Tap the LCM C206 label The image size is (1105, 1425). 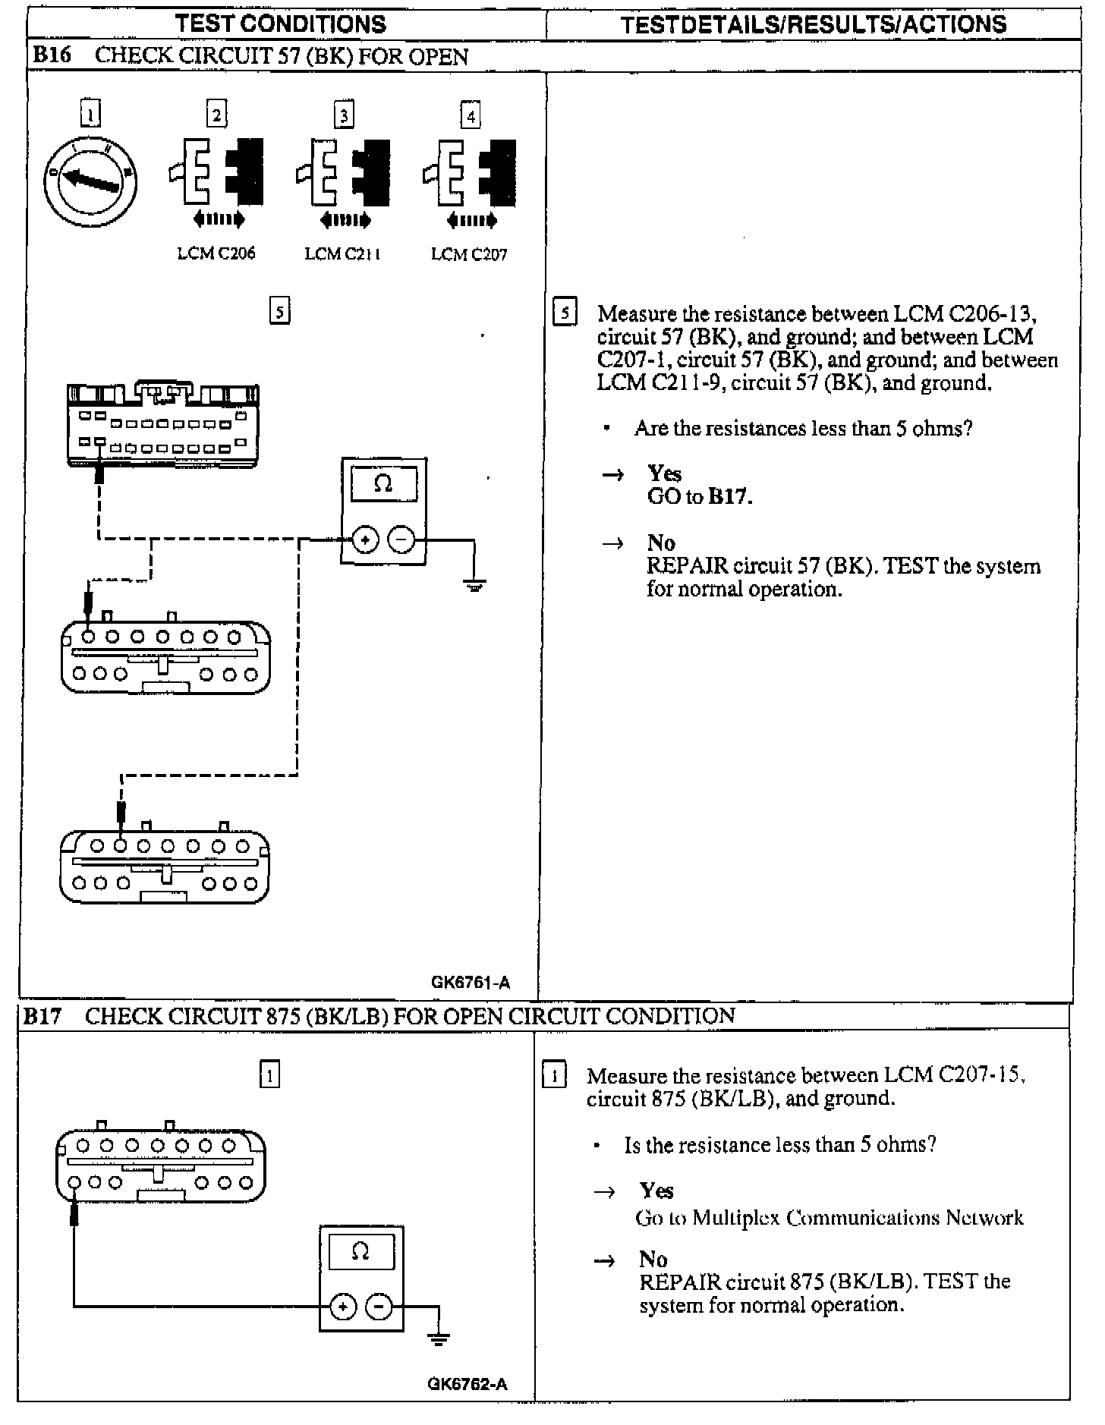pos(216,253)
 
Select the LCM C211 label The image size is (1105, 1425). pos(342,253)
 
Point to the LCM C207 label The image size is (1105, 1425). pos(469,253)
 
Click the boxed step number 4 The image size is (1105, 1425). pos(471,116)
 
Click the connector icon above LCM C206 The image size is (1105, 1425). pos(216,172)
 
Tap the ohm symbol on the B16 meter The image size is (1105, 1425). pos(383,483)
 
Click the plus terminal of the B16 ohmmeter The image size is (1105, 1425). pos(366,539)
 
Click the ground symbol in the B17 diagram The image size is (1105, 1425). pos(439,1338)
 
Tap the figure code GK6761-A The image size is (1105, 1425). pos(471,983)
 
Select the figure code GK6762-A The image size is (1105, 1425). pos(467,1383)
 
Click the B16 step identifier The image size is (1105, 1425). pos(52,57)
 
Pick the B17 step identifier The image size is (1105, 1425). pos(42,1017)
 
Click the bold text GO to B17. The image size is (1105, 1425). pos(700,497)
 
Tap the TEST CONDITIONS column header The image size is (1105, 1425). pos(281,24)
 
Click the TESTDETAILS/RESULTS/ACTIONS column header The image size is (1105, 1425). pos(814,24)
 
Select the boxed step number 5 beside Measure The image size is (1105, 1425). pos(565,313)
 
